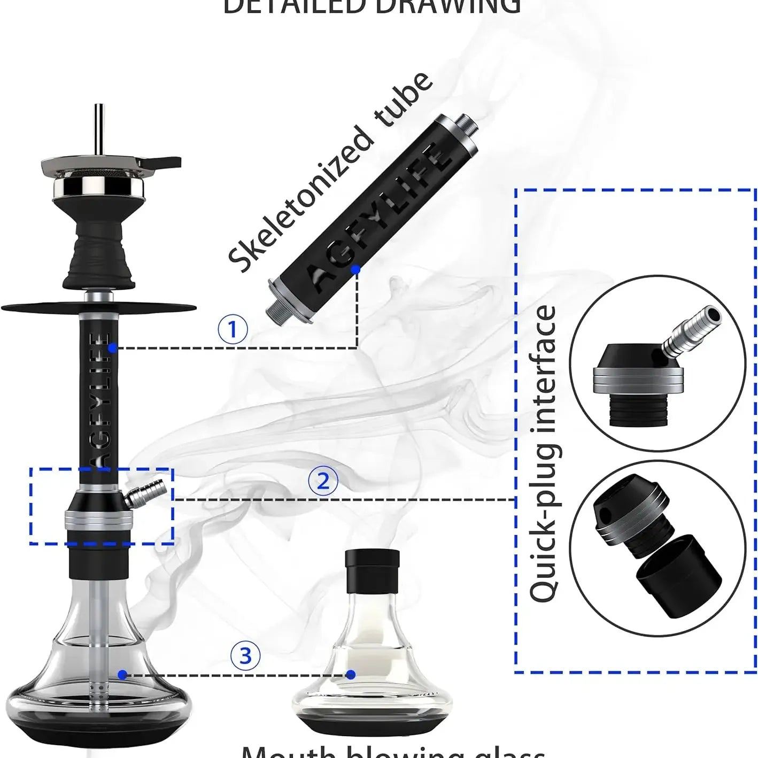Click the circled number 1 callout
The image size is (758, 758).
(x=233, y=330)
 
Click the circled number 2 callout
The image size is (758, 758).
(x=323, y=482)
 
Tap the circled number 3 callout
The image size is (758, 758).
(x=245, y=655)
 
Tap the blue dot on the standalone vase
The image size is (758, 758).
(x=351, y=675)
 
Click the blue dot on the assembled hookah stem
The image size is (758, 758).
(x=112, y=348)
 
